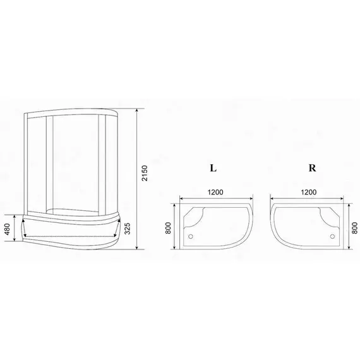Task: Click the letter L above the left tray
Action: coord(213,169)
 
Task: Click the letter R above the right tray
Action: coord(312,169)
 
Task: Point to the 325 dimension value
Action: coord(128,227)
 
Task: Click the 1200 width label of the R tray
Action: coord(309,192)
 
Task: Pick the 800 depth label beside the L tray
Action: coord(169,227)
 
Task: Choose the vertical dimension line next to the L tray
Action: coord(176,226)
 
